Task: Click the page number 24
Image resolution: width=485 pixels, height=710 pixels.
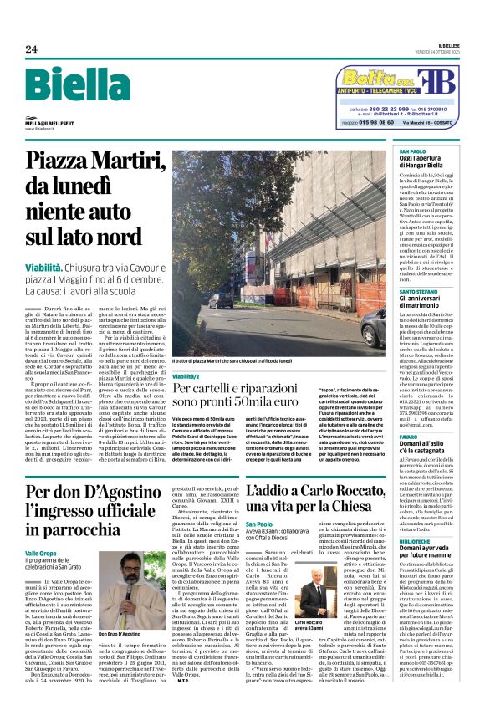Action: [31, 49]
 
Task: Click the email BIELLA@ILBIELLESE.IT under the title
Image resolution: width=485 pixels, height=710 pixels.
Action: [49, 123]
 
